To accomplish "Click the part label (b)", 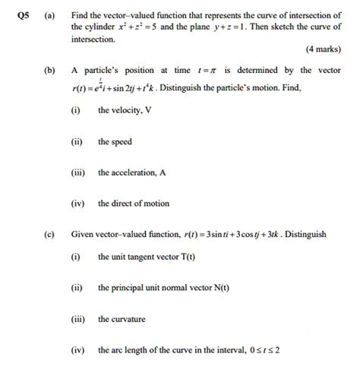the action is coord(50,70).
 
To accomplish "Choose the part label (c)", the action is coord(50,234).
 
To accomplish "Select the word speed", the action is coord(122,141).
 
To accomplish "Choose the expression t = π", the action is coord(205,70).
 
